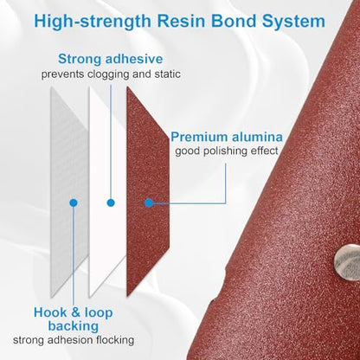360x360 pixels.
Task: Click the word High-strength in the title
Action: tap(93, 22)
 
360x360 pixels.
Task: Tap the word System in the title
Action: tap(293, 22)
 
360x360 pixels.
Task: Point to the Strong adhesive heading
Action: tap(111, 59)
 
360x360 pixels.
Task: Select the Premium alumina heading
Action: tap(227, 137)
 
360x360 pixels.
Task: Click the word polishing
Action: tap(220, 151)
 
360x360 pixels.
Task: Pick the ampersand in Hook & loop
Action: tap(75, 312)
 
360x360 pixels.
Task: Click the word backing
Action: tap(74, 326)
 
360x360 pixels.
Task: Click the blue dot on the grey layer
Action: tap(74, 203)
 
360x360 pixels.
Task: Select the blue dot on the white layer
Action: tap(111, 203)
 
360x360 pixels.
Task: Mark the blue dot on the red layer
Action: tap(149, 203)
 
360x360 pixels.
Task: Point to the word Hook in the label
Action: tap(50, 312)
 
